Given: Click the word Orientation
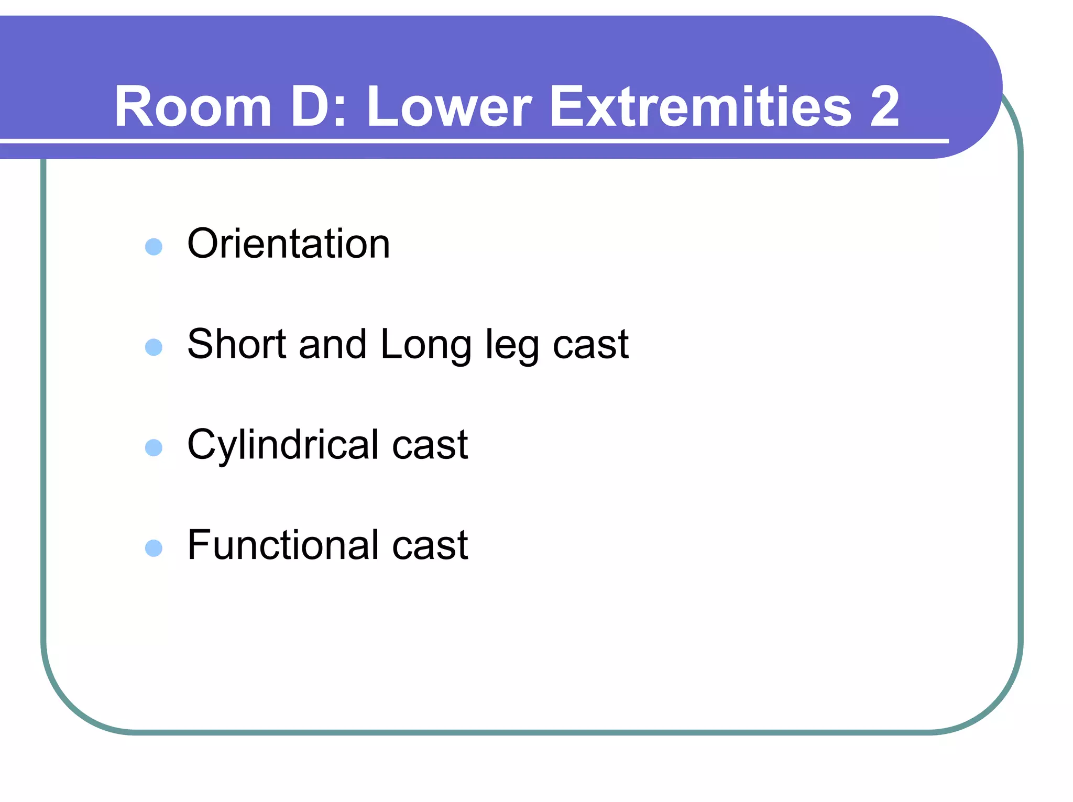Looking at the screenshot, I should [289, 244].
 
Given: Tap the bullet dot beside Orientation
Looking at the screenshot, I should [154, 246].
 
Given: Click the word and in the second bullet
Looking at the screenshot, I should [332, 345].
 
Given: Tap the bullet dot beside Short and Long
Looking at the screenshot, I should [154, 347].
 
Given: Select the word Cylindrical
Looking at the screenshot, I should [283, 445].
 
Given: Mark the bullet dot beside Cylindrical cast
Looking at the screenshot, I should [154, 447].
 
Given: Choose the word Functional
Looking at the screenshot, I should [283, 545].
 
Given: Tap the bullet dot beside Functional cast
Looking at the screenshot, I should [154, 548].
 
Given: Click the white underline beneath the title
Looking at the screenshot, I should [472, 141].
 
